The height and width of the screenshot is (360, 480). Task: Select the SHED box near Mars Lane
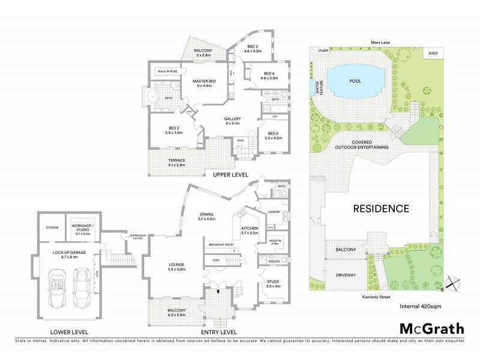point(433,53)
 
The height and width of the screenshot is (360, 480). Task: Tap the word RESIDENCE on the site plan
point(380,209)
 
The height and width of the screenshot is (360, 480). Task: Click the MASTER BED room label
point(204,83)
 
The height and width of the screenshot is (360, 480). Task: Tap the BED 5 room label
point(273,135)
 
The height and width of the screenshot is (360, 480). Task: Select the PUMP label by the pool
point(325,51)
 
